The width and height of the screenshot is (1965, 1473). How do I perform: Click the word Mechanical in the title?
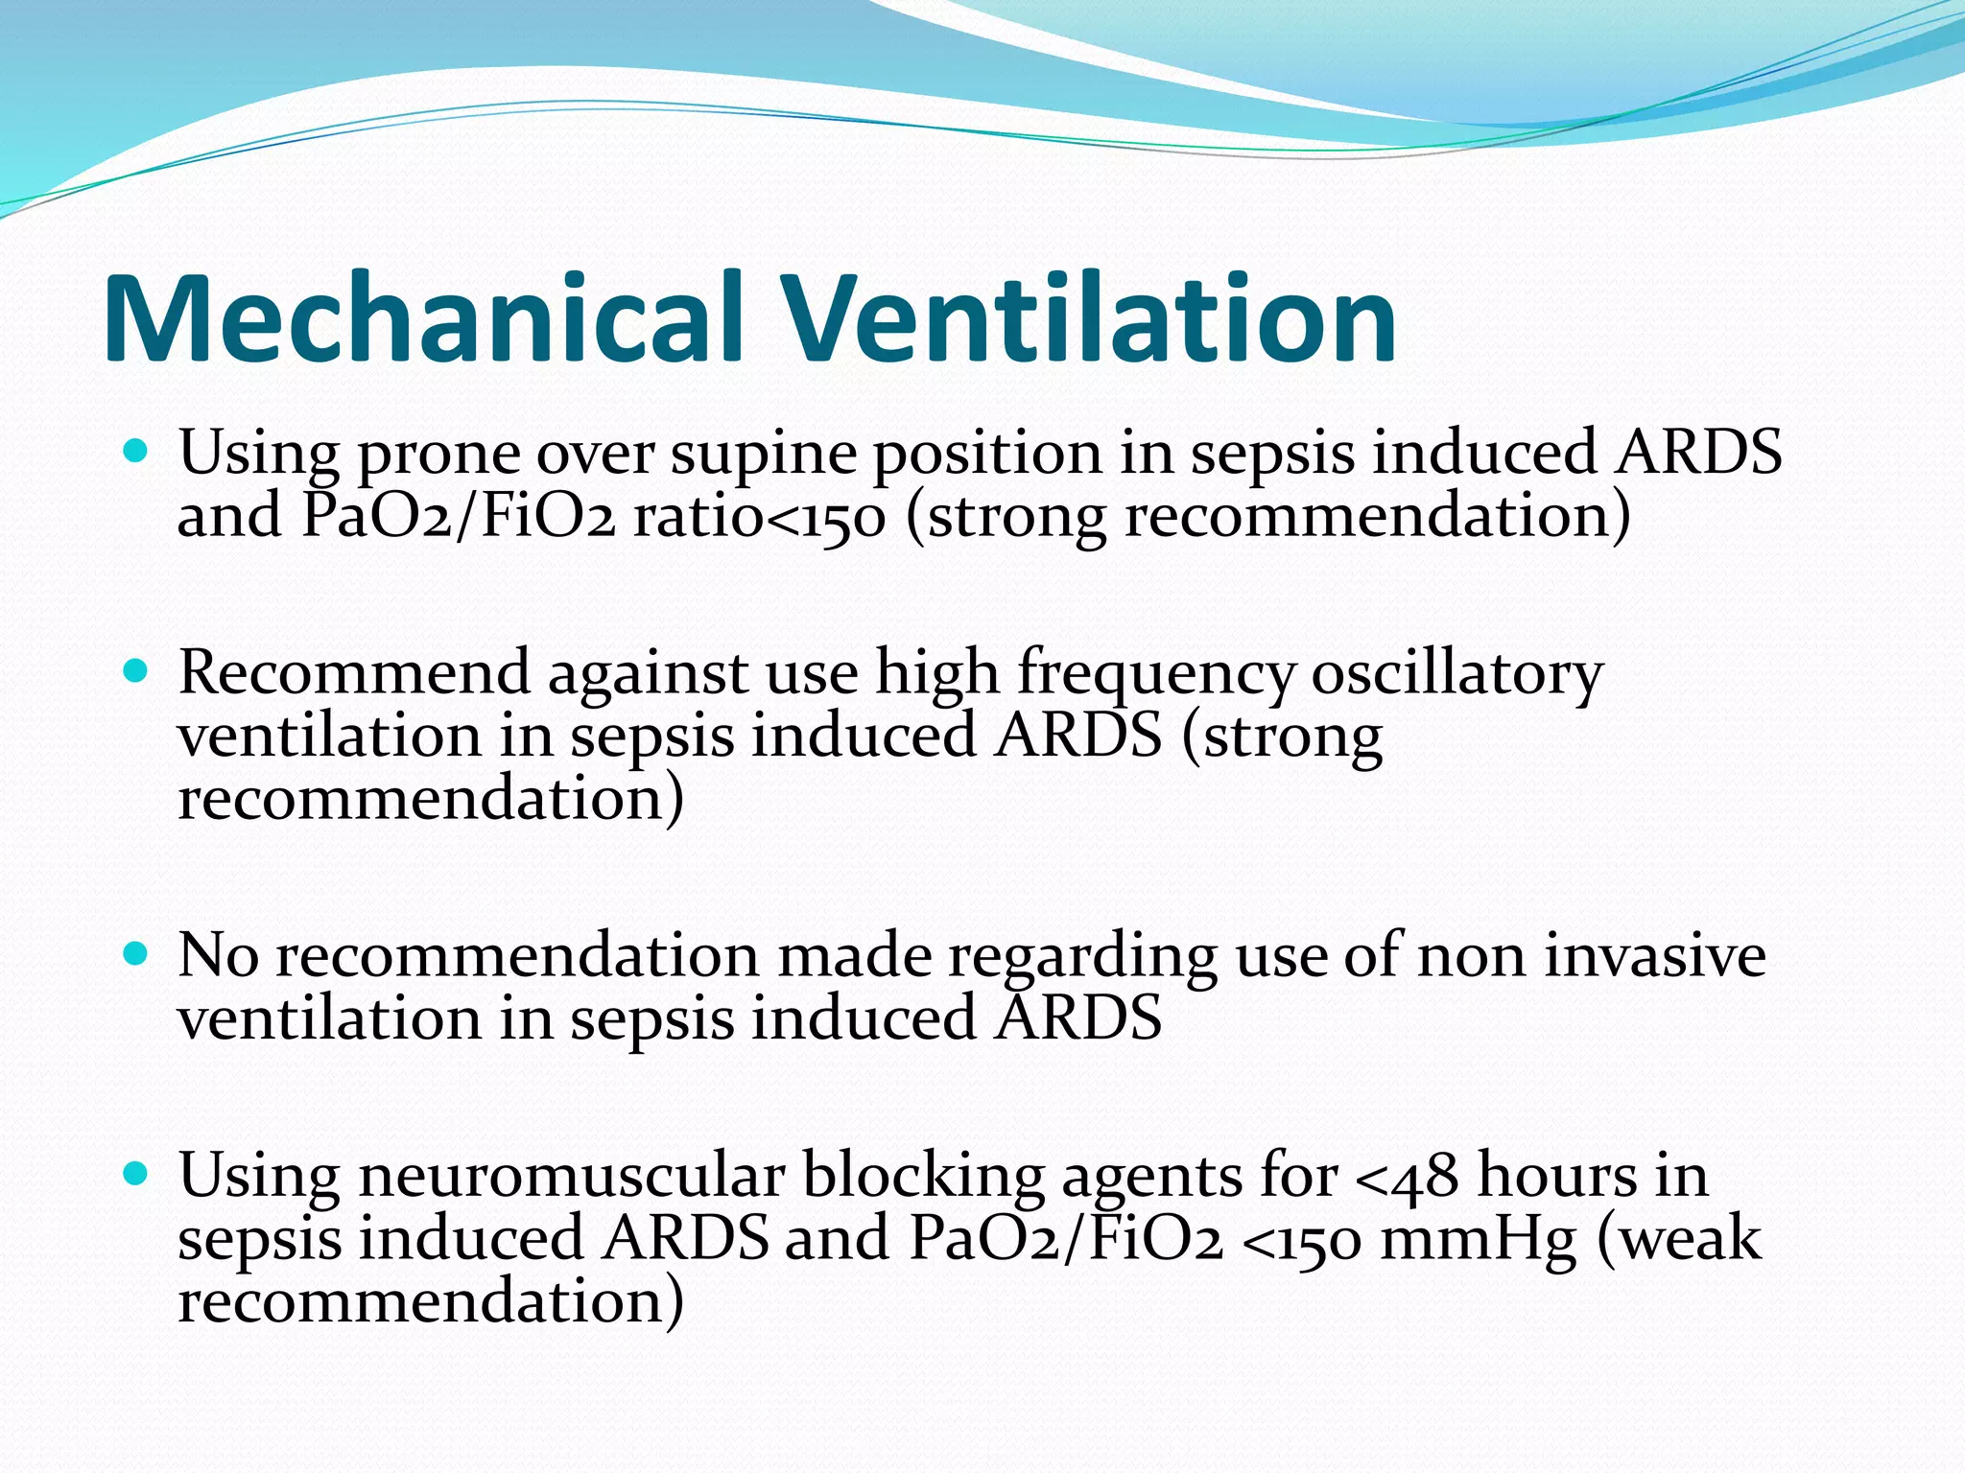pos(423,318)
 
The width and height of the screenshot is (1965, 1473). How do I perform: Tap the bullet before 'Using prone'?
pos(136,448)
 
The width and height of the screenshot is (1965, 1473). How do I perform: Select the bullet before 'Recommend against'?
pos(136,668)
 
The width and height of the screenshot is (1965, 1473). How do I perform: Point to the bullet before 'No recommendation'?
pos(136,953)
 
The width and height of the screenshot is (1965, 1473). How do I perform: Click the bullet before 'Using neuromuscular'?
pos(136,1173)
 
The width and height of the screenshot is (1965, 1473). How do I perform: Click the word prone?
pos(438,455)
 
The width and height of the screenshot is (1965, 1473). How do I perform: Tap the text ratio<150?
pos(759,517)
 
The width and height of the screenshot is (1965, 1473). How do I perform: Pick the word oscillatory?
pos(1456,674)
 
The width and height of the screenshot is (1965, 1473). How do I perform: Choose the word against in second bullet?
pos(648,674)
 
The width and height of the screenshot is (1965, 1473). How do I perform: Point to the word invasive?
pos(1654,957)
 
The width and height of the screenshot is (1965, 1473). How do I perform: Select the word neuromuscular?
pos(572,1176)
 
